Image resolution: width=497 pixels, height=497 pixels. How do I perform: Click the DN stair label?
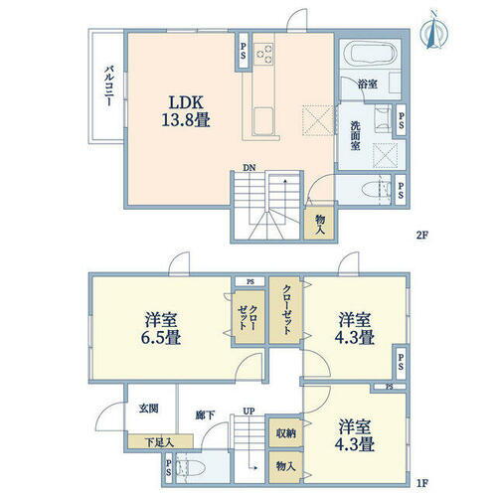tap(248, 168)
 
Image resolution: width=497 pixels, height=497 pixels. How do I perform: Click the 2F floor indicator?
tap(424, 236)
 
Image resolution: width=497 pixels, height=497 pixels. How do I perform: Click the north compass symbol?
tap(433, 30)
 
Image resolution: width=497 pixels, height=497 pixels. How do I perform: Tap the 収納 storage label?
tap(285, 432)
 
